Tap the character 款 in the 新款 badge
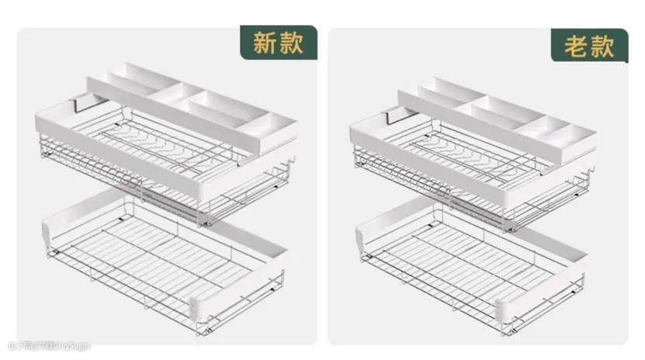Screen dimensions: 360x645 pos(290,43)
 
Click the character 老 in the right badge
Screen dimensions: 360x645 pos(576,47)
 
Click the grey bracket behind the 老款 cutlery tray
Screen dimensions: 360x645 pos(397,114)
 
